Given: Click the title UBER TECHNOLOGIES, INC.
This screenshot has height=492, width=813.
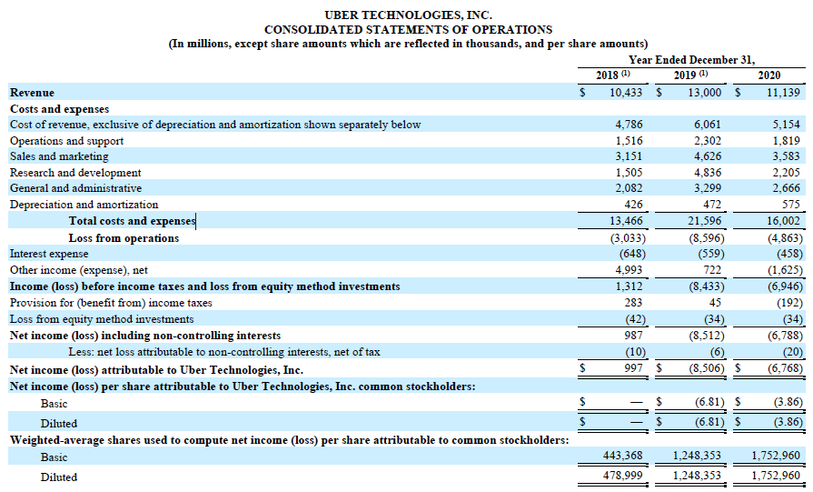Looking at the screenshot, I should coord(407,15).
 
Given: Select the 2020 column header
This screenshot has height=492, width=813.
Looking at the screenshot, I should coord(768,75).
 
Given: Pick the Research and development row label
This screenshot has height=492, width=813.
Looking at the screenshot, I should coord(75,173).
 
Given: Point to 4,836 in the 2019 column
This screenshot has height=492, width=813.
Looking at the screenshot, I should coord(708,173).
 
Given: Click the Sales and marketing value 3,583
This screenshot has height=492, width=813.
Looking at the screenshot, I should coord(787,156).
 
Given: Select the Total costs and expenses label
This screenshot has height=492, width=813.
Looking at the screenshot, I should coord(132,221).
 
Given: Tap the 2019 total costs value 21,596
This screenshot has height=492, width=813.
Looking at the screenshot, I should coord(704,221).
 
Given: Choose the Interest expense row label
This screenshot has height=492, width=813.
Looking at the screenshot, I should coord(49,254).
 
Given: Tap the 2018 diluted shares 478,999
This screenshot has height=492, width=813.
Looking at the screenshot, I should coord(622,476).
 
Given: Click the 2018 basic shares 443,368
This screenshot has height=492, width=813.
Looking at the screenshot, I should coord(622,457).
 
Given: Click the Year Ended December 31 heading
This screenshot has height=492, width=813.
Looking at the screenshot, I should coord(691,59).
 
